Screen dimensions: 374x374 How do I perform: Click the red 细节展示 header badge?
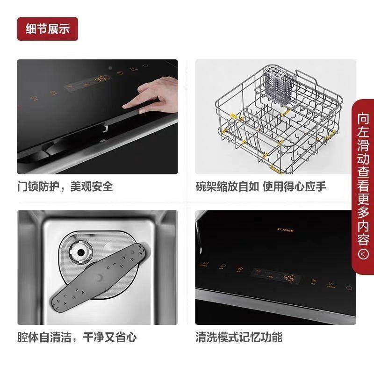(x=48, y=29)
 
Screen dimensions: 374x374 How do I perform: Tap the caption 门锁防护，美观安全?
(x=65, y=187)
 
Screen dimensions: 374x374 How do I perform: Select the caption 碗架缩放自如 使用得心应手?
(x=261, y=187)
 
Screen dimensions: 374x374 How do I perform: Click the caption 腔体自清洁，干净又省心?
(x=77, y=337)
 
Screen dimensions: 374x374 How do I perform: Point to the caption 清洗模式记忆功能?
(x=239, y=337)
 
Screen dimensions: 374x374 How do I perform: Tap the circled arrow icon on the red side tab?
(x=363, y=254)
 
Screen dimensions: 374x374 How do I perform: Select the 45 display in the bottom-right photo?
(x=289, y=279)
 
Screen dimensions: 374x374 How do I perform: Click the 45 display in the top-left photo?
(x=100, y=79)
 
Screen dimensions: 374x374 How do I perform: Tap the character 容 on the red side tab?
(x=363, y=239)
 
